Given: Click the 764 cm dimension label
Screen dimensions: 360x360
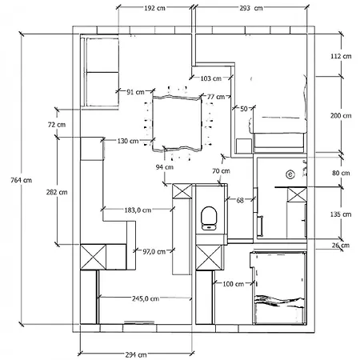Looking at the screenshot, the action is [x=22, y=180].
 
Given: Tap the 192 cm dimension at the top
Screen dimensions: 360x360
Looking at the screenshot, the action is [x=154, y=8].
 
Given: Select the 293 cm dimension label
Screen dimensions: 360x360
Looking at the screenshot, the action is [x=251, y=8].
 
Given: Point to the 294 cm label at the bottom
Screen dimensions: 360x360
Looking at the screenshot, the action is [x=136, y=354].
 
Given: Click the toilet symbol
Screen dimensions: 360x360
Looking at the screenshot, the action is [x=210, y=218].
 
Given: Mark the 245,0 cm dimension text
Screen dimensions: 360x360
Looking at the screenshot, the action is [x=146, y=298].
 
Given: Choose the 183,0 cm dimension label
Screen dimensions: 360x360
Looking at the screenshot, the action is [x=138, y=210].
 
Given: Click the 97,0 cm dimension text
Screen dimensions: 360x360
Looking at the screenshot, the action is [x=154, y=251].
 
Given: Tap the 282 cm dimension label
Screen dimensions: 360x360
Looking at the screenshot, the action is [x=57, y=192].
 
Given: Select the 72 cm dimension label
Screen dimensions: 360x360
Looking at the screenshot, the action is [x=57, y=125].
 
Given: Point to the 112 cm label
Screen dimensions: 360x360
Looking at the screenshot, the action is [x=341, y=56].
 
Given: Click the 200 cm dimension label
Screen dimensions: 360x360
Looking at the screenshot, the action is [x=341, y=116].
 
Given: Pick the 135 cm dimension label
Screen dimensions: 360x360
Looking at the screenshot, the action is [x=341, y=214].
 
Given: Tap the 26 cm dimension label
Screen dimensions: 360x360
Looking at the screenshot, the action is [x=341, y=246].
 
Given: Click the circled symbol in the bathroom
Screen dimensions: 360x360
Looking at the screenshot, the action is [x=290, y=174].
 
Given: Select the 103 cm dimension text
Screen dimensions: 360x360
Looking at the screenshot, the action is [x=211, y=78].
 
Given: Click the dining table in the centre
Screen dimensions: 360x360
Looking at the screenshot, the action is [x=177, y=123].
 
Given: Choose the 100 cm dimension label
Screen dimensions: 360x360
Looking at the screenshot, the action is [x=234, y=284].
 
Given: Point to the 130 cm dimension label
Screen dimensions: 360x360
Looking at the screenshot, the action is [x=128, y=141].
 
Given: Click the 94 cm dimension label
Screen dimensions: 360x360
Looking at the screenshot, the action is [x=165, y=167].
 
